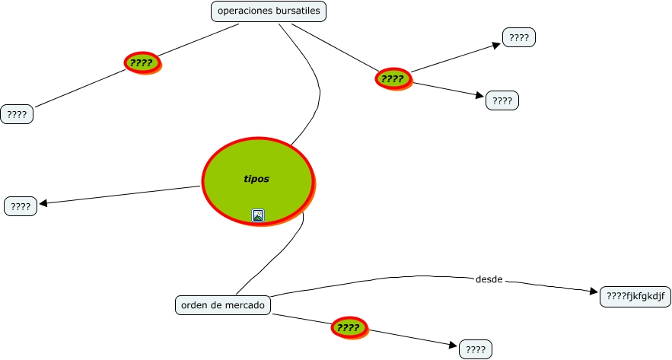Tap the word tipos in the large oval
click(x=256, y=180)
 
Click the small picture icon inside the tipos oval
click(x=258, y=215)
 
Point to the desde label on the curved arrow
click(x=489, y=279)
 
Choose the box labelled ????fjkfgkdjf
click(x=635, y=296)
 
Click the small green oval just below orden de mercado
click(x=349, y=328)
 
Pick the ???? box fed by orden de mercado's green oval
click(x=476, y=349)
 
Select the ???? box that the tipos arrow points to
click(x=21, y=205)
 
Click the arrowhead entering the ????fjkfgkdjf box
click(x=594, y=292)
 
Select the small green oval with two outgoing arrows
click(x=393, y=78)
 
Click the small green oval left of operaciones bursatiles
click(x=142, y=63)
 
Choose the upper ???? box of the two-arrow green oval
click(x=519, y=37)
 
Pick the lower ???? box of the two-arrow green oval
click(x=502, y=100)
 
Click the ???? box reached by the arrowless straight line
click(x=17, y=115)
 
